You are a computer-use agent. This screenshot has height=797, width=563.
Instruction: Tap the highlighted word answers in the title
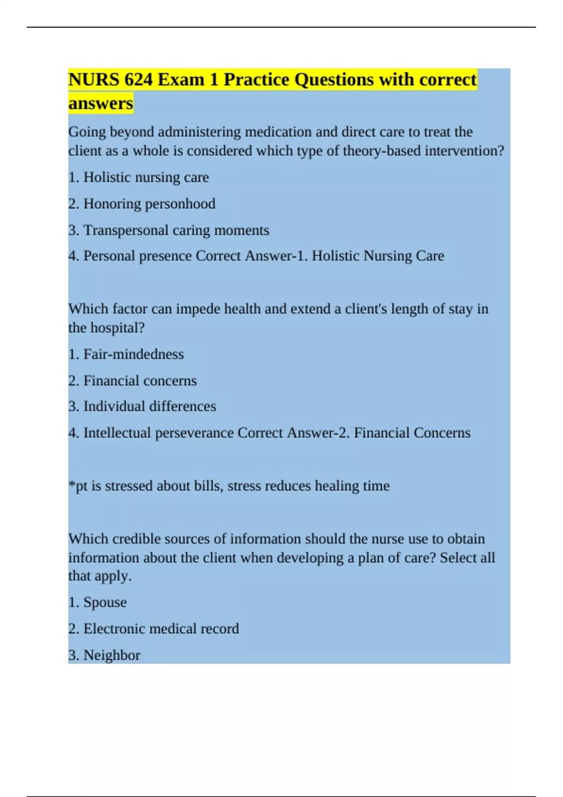click(x=100, y=103)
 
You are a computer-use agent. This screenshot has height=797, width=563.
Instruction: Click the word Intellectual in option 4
click(x=117, y=433)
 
